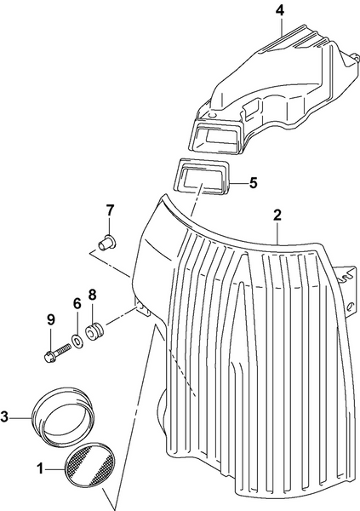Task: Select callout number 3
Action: pos(7,416)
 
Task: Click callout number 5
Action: pos(253,182)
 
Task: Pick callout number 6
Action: pos(76,302)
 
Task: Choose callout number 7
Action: pos(110,210)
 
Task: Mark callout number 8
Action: pos(93,296)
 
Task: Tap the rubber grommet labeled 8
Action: pos(95,330)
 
